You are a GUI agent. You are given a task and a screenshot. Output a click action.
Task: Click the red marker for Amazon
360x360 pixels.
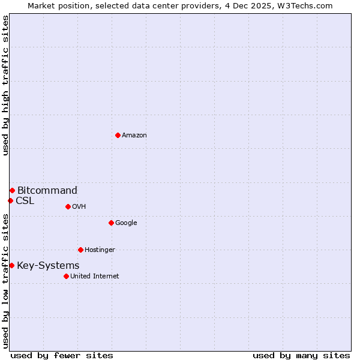[118, 135]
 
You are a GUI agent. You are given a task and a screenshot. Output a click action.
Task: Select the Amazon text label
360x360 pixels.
[134, 136]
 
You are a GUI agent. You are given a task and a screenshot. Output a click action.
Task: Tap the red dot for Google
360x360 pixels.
[111, 223]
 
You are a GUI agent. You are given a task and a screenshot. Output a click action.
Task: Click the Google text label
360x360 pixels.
[126, 223]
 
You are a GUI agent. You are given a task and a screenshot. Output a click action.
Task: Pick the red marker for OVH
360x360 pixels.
[68, 206]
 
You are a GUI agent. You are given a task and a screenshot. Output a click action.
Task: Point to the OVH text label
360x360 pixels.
[79, 207]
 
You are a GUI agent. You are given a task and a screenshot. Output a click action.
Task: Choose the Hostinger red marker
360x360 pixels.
[80, 250]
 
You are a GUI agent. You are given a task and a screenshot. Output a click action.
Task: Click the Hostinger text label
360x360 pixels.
[100, 250]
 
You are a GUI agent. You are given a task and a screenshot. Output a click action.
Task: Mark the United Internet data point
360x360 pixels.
[66, 276]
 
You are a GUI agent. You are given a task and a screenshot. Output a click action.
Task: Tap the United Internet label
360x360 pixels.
[94, 277]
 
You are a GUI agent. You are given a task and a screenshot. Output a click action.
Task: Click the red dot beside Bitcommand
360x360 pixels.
[12, 190]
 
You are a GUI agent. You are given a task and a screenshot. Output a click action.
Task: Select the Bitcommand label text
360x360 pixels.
[47, 191]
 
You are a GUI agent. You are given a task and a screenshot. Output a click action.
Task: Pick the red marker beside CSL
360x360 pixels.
[10, 200]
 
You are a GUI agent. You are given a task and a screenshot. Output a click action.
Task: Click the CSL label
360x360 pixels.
[25, 201]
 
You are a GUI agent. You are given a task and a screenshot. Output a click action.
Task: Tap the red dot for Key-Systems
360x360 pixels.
[11, 265]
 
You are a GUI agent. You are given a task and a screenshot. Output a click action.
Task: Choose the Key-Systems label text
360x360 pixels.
[48, 266]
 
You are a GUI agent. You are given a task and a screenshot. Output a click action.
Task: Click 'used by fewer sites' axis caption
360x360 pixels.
[62, 355]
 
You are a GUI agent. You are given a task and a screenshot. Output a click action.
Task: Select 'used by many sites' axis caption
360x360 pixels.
[301, 355]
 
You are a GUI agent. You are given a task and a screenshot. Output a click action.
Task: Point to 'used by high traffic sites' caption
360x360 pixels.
[5, 85]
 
